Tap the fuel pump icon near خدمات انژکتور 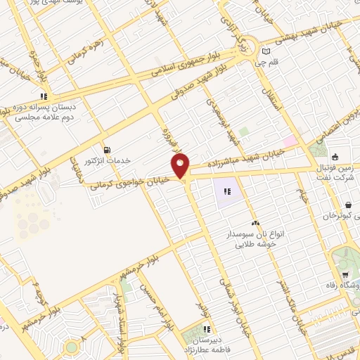[107, 149]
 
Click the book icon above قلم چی [265, 51]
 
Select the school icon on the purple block [228, 191]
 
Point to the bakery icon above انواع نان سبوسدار [255, 223]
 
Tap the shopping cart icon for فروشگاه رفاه [345, 275]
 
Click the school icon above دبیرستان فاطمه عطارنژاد [206, 328]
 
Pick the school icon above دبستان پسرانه [44, 96]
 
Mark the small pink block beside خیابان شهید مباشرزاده [290, 141]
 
